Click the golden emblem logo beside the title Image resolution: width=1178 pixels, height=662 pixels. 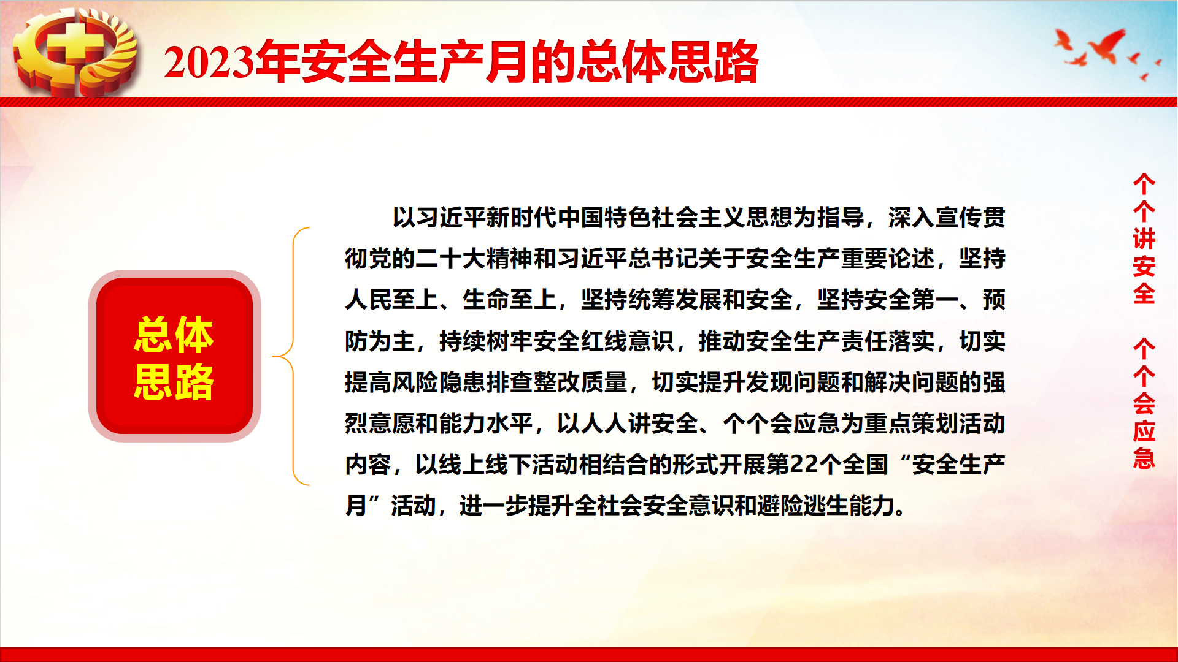[x=75, y=52]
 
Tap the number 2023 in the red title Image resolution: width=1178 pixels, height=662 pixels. [x=209, y=63]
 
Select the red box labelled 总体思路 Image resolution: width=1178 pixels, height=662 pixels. [x=174, y=356]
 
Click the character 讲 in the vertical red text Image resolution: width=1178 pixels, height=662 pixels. [x=1144, y=239]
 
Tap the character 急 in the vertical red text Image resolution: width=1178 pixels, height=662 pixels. [x=1144, y=458]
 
